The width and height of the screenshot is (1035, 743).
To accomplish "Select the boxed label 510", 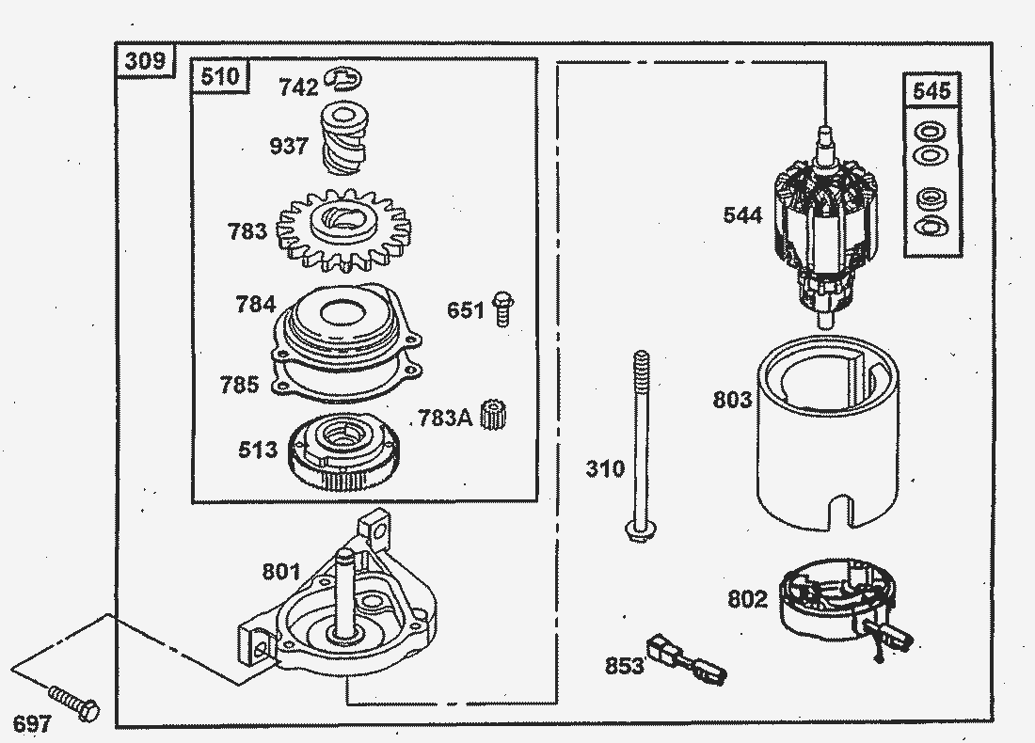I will point(221,76).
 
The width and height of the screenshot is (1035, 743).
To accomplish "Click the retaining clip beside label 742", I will point(344,81).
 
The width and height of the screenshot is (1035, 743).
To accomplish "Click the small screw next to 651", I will point(502,308).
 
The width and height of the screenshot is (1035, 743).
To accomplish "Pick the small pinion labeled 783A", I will point(489,415).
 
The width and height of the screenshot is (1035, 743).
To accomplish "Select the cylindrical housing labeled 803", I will point(827,433).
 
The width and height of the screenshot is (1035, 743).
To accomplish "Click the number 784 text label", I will point(255,305).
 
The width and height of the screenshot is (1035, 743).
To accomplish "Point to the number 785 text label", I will point(239,385).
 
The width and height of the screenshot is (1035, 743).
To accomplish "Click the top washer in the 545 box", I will point(931,132).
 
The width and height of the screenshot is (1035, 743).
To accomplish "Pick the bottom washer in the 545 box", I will point(931,226).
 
